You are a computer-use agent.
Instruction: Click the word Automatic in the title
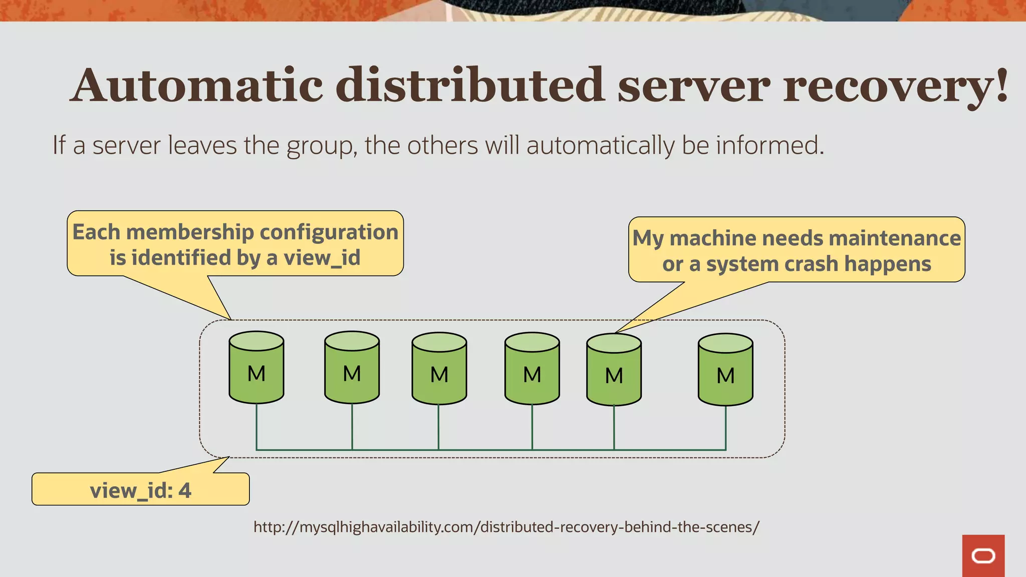(x=198, y=85)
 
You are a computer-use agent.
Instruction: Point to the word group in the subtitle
(x=321, y=146)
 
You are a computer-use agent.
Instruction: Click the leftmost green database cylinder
(x=256, y=368)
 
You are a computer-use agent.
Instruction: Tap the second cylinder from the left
(x=352, y=368)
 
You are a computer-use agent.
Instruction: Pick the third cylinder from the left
(x=439, y=369)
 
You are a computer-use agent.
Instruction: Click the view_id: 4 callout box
(x=141, y=489)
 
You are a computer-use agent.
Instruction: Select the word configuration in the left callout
(x=329, y=232)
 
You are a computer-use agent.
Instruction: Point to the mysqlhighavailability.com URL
(x=506, y=527)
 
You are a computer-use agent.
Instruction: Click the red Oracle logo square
(x=983, y=555)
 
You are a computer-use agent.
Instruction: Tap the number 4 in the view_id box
(x=185, y=490)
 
